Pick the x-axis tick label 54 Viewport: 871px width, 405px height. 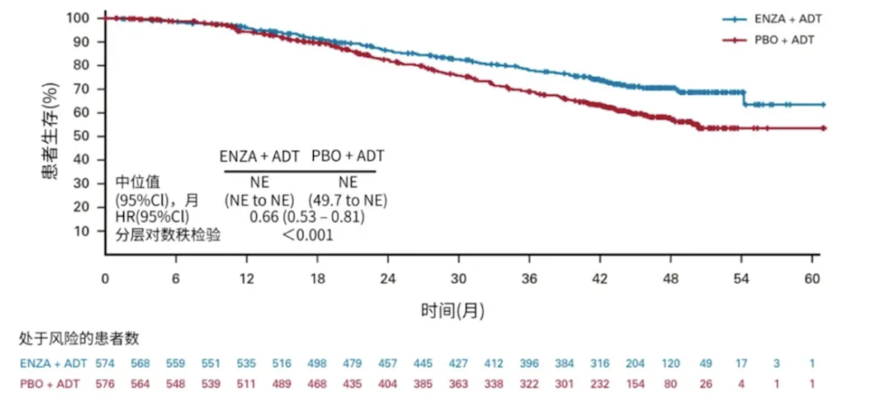[x=742, y=278]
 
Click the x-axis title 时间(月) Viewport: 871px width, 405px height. [x=452, y=310]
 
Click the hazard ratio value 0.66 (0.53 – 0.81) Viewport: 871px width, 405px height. [x=307, y=217]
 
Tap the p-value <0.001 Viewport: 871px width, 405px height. [x=307, y=235]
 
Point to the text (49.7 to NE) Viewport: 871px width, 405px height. [x=348, y=199]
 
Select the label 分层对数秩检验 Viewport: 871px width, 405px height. [x=168, y=235]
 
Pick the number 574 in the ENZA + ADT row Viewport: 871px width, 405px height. [x=106, y=364]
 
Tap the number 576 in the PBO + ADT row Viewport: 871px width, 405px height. [x=106, y=382]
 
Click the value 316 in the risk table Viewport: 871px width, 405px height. [x=599, y=364]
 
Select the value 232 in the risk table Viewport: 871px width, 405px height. [x=599, y=382]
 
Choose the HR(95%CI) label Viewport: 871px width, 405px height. [x=152, y=217]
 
